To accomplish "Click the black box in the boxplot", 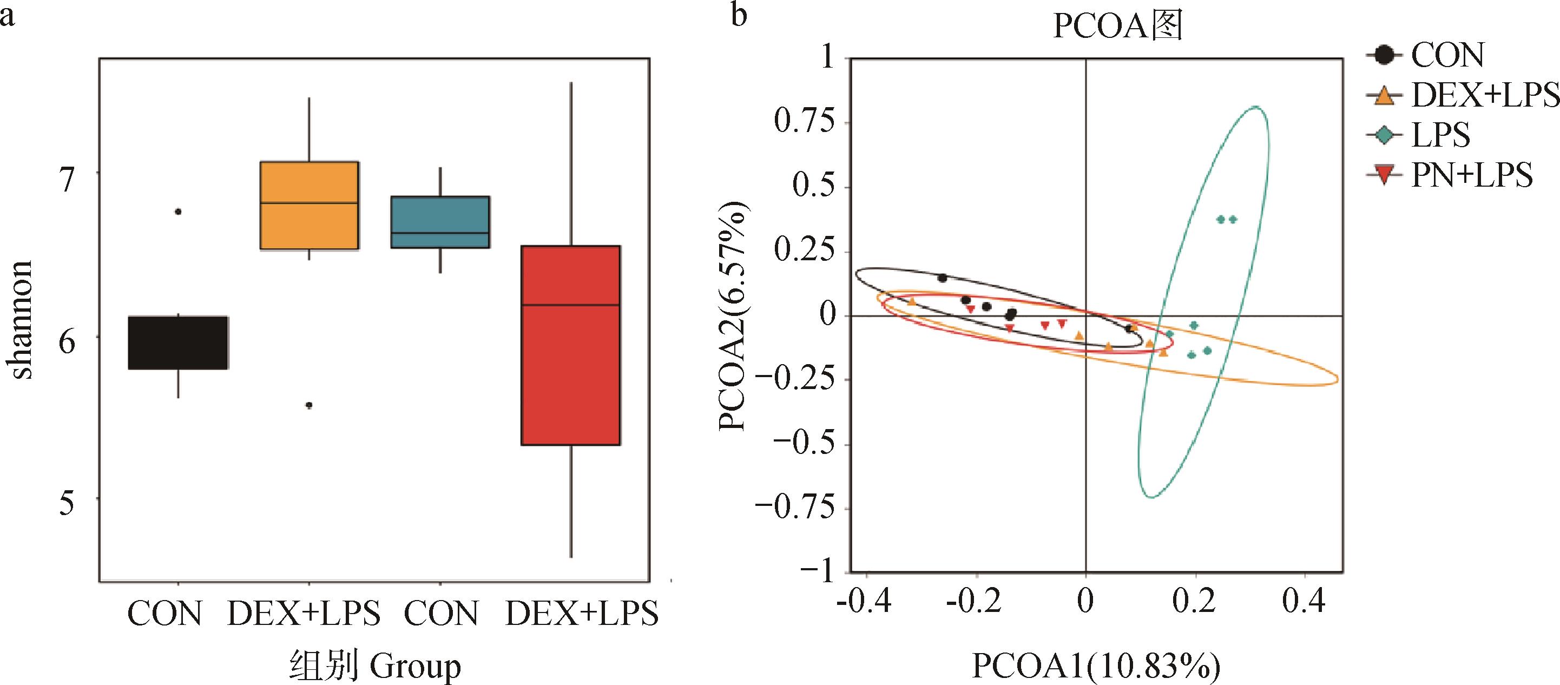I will point(178,342).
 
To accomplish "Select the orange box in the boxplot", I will point(310,205).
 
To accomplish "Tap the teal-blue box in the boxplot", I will point(440,222).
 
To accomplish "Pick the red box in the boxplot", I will point(571,345).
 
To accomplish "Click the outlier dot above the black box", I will point(178,212).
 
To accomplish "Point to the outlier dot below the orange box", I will point(309,405).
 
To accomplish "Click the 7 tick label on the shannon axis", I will point(67,179).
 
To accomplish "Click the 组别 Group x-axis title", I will point(375,665).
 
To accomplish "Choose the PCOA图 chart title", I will point(1117,27).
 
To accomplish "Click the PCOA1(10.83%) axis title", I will point(1096,665).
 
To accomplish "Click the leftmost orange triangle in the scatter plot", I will point(912,300).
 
